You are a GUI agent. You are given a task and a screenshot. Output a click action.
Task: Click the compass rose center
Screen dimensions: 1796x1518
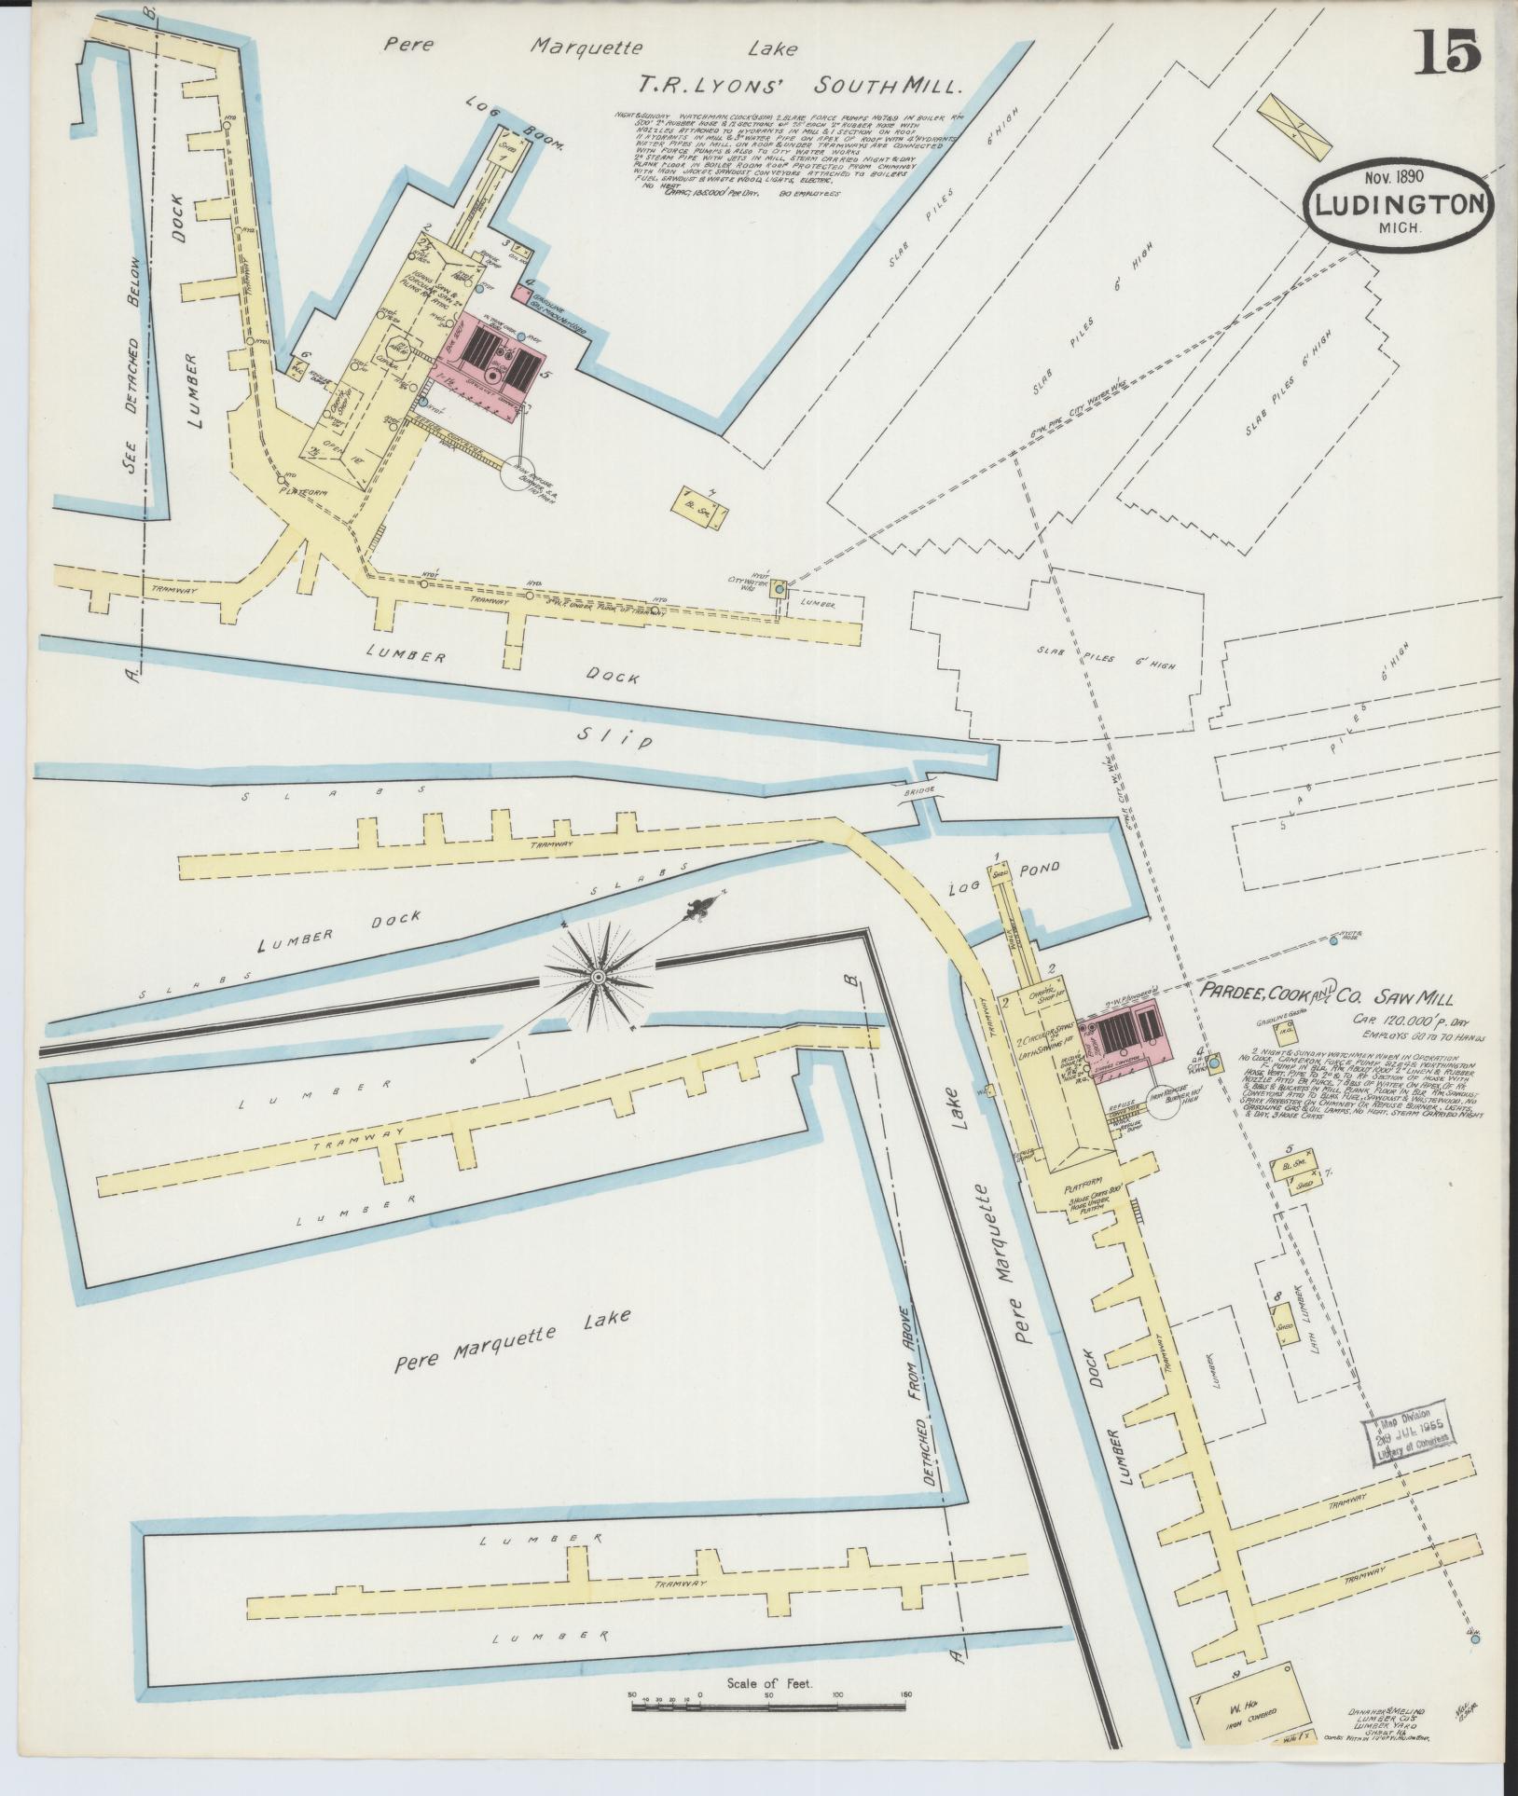[598, 976]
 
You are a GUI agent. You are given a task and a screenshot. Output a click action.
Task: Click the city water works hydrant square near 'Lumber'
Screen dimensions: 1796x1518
[780, 589]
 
